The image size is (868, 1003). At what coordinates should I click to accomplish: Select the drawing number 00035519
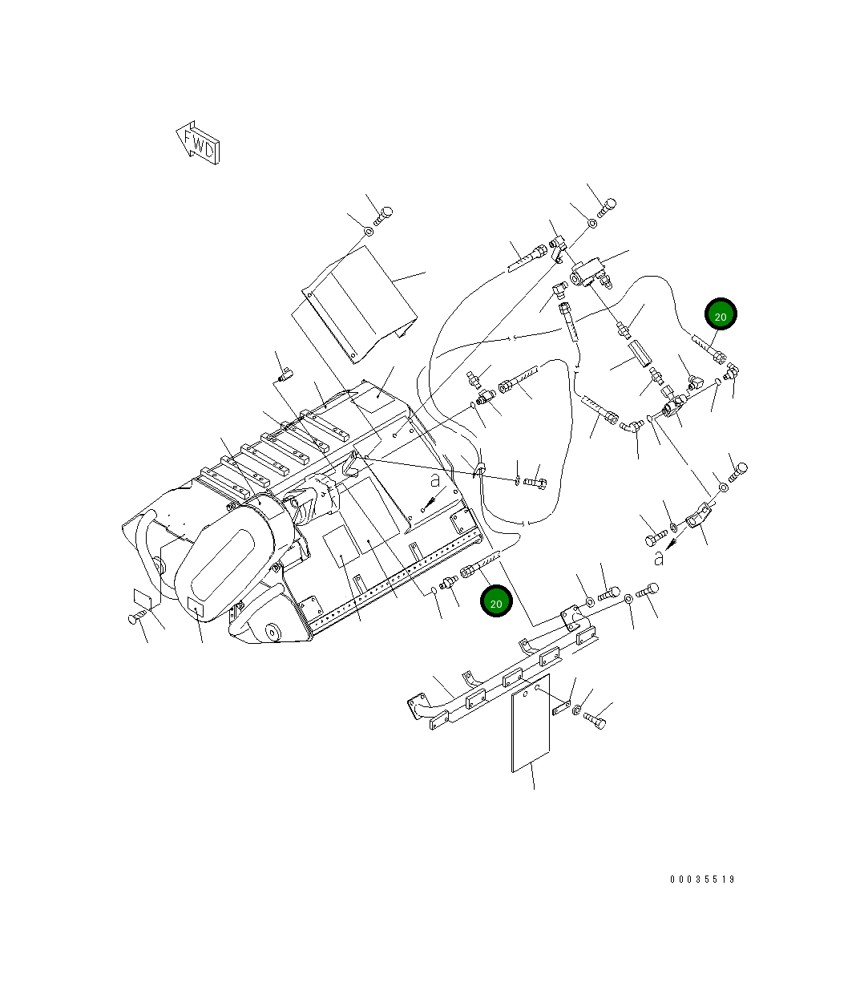coord(702,880)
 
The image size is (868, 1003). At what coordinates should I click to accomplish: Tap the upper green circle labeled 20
coord(721,316)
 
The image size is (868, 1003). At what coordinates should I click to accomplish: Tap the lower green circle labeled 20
coord(496,602)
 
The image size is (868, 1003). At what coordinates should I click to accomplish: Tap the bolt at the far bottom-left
coord(138,617)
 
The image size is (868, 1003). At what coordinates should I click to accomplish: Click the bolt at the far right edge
coord(737,470)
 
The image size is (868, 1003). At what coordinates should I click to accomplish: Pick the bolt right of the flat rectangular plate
coord(595,719)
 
